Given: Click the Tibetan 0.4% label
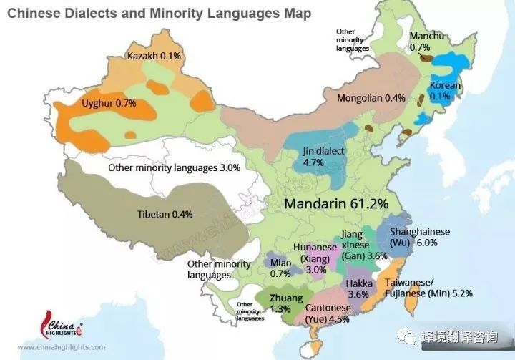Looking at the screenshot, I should (x=165, y=214).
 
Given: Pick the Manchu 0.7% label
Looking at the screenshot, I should (x=426, y=42).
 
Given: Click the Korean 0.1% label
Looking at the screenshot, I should (x=445, y=91).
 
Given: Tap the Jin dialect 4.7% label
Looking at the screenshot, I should (x=324, y=157).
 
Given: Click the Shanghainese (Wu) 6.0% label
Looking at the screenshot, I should (x=419, y=238).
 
